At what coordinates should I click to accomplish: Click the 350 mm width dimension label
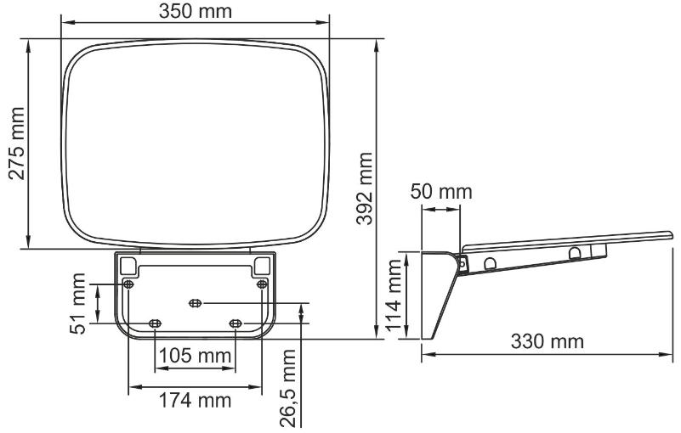[x=195, y=11]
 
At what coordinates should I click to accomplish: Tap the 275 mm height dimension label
[x=17, y=143]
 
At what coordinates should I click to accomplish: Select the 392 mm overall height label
[x=365, y=188]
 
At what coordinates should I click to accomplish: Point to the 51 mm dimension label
[x=77, y=303]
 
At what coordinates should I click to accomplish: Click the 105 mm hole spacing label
[x=195, y=356]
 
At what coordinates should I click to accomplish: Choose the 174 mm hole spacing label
[x=195, y=400]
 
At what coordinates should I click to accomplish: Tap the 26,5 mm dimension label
[x=288, y=388]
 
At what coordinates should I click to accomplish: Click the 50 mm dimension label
[x=441, y=192]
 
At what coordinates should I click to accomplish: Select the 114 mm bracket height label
[x=394, y=295]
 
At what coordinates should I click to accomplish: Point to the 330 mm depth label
[x=548, y=341]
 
